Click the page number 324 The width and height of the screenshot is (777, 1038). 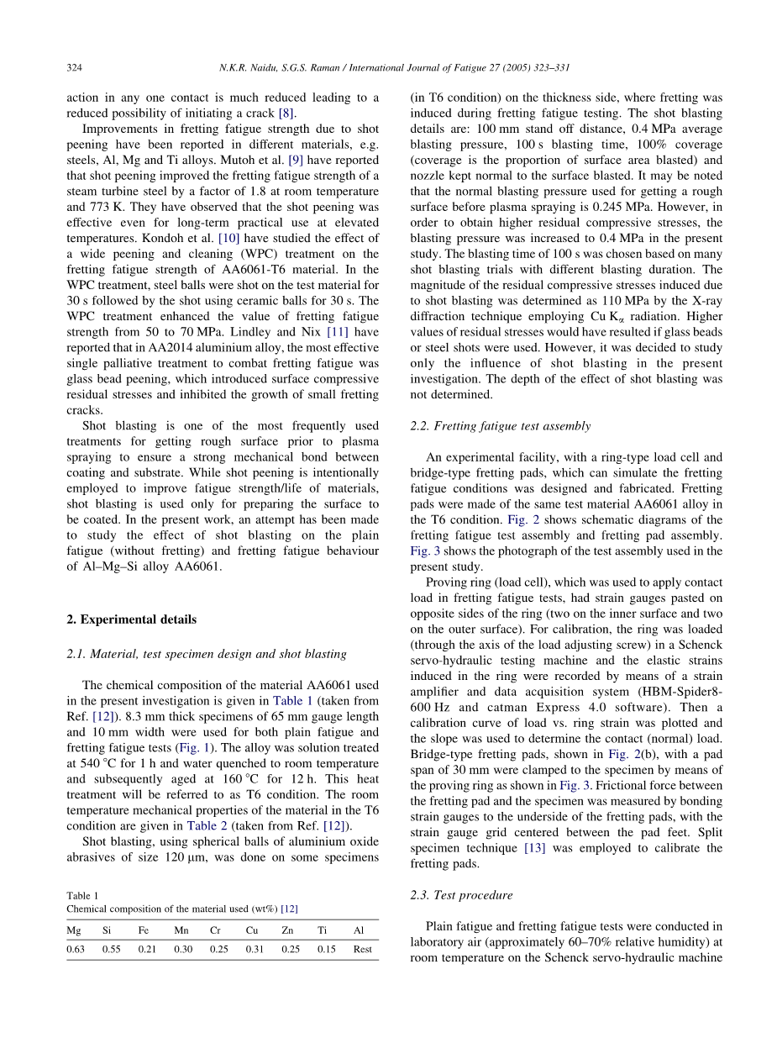tap(73, 67)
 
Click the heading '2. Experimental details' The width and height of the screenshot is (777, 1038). tap(131, 619)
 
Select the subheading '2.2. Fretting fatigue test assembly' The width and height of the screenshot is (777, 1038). tap(500, 426)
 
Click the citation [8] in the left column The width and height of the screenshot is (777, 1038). tap(286, 113)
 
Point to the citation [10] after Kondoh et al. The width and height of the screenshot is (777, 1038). tap(228, 239)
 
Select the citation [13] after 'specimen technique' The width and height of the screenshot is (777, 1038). tap(534, 848)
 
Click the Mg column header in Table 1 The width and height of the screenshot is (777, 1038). tap(73, 930)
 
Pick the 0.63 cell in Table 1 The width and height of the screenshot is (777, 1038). tap(75, 949)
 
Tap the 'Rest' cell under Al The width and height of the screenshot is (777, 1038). tap(362, 949)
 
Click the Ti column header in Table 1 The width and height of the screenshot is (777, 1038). tap(322, 930)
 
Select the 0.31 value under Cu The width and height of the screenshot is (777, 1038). tap(254, 949)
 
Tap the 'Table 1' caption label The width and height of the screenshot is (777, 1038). tap(82, 896)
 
